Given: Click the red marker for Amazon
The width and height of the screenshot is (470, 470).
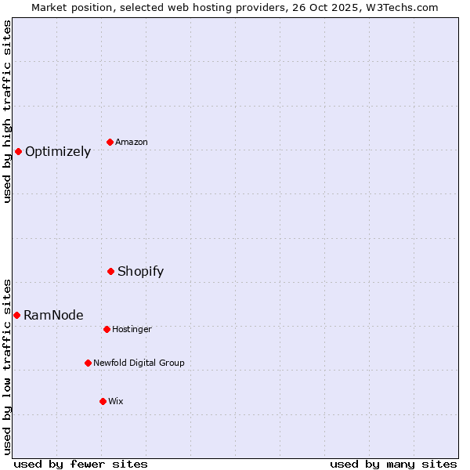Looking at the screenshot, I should coord(110,142).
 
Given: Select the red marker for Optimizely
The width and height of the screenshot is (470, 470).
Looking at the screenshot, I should coord(18,151).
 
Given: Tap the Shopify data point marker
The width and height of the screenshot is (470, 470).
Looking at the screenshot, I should coord(110,271).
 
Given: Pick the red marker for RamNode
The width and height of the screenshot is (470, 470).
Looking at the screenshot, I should coord(16,315).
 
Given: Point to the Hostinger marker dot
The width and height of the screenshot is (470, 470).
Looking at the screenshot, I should coord(107,329).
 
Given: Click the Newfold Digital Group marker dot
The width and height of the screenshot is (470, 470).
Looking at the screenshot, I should coord(88,363).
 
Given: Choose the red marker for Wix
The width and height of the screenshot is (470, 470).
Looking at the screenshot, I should coord(103,401).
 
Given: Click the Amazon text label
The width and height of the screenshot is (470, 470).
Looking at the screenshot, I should coord(132,142).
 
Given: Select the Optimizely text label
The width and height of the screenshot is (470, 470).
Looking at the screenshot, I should coord(58,152).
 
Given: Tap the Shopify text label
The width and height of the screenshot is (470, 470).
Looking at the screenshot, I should coord(141,272).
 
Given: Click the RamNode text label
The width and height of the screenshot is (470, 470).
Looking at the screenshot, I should coord(53,316).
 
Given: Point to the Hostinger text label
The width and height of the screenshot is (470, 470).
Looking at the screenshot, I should coord(132,329).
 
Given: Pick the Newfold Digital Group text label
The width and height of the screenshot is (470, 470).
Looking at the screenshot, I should coord(139,363).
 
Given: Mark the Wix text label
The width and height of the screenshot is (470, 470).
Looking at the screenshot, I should coord(116,401).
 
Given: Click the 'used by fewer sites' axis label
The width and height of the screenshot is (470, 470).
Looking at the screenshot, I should coord(81,464).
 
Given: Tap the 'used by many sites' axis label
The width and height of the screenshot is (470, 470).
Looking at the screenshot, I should coord(393,464).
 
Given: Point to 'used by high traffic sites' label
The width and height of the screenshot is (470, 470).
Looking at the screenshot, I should coord(7,111).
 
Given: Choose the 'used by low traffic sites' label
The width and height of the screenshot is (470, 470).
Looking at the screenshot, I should coord(7,366).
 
